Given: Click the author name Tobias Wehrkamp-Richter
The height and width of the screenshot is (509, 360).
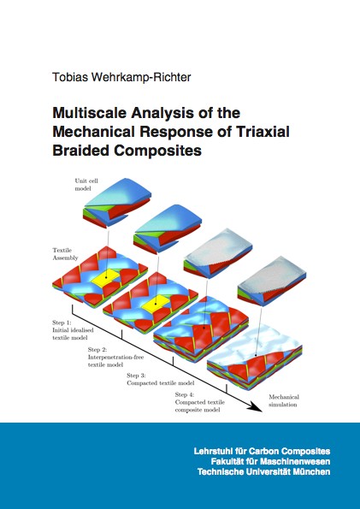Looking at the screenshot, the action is [x=121, y=78].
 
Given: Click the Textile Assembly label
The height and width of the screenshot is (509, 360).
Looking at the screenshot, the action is [x=65, y=254].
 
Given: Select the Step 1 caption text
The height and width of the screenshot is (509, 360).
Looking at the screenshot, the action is [x=73, y=330].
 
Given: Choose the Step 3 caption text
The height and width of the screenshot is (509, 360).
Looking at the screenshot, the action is [x=161, y=379].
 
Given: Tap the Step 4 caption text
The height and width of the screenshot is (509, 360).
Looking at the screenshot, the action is [x=199, y=402].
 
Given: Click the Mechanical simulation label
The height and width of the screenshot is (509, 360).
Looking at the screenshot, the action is [x=284, y=401].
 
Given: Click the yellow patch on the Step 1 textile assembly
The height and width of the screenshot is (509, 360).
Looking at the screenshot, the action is [x=105, y=277].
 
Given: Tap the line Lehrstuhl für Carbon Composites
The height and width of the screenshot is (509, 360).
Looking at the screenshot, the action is [x=262, y=451].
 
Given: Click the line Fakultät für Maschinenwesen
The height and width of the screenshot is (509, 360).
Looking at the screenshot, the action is [x=270, y=462].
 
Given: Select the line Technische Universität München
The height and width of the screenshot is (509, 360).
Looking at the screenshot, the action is [x=264, y=472].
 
